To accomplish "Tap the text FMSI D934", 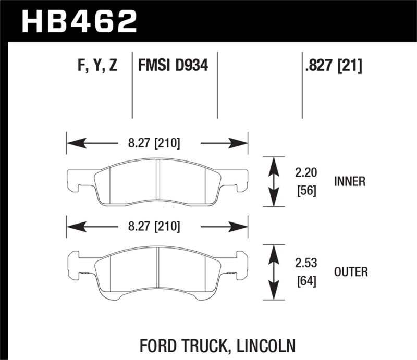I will click(173, 66).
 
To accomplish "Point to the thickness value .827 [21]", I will click(332, 66).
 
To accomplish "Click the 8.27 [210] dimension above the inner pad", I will click(156, 142).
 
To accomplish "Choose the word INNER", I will click(350, 182).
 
